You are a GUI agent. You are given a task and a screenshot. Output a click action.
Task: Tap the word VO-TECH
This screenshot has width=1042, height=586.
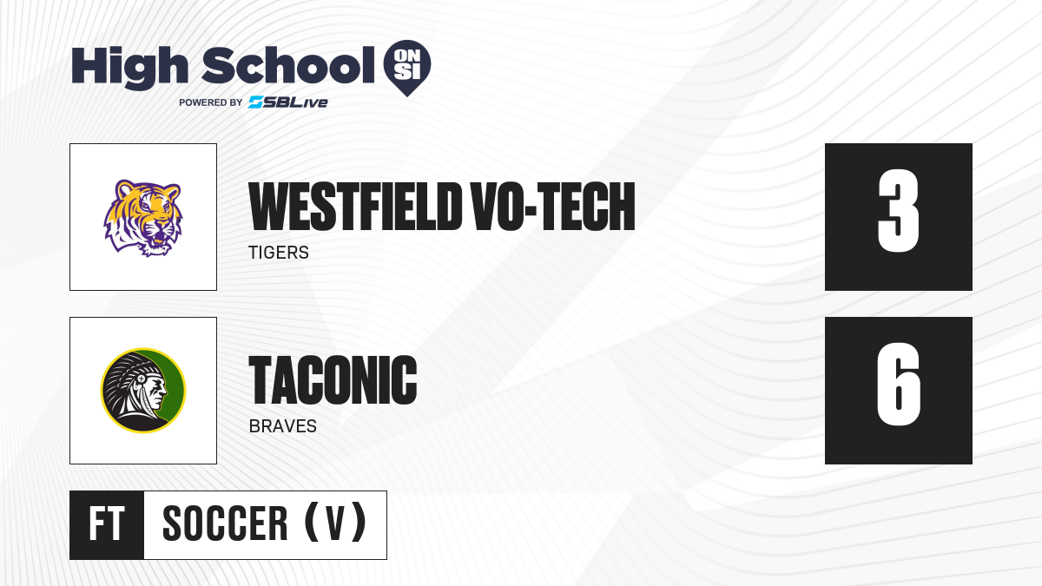coord(552,207)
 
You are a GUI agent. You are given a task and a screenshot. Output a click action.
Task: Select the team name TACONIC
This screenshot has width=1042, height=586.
coord(333,380)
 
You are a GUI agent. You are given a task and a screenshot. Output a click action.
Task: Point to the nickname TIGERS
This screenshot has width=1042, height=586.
coord(279,253)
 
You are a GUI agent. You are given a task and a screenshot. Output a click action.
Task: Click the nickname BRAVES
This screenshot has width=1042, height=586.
coord(283,426)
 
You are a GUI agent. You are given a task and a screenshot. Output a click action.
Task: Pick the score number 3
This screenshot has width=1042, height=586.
coord(898,211)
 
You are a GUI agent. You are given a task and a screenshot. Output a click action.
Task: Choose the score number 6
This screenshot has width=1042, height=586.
coord(898,385)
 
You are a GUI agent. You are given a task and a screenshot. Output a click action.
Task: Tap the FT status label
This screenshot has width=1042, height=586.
coord(107,524)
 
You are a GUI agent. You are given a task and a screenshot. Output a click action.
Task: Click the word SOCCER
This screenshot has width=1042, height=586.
coord(225,523)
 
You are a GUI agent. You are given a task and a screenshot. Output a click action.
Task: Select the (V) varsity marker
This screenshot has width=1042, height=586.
coord(335,523)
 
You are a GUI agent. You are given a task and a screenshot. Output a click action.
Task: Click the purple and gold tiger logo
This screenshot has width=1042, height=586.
coord(142,218)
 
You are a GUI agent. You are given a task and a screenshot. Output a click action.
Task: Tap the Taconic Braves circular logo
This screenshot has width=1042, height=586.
coord(143,390)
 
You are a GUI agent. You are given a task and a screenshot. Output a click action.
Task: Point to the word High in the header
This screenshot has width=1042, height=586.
coord(129,67)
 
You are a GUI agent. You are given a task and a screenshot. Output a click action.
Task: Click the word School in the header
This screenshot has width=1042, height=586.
coord(288,65)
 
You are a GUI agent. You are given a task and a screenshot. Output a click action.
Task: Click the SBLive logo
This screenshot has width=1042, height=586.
coord(287,102)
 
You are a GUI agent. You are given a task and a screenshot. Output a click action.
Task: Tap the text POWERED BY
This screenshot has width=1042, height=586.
coord(211,102)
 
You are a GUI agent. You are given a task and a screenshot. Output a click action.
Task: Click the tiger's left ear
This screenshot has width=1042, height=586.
coord(124,189)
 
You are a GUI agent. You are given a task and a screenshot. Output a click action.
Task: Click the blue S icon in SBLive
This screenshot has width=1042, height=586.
coord(256,102)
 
